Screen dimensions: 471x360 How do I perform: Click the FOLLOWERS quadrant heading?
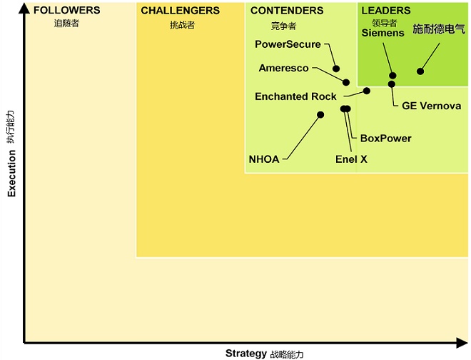point(66,10)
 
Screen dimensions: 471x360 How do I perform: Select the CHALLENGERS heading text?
point(181,11)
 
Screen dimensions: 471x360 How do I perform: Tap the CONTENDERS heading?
point(287,11)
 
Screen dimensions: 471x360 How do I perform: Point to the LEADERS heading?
point(386,11)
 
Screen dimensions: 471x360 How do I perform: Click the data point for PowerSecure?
point(336,69)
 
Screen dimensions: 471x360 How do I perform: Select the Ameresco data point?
point(346,82)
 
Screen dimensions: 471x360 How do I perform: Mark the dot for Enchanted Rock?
point(367,91)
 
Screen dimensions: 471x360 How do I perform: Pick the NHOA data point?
point(320,114)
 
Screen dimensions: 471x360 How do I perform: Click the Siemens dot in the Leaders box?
point(392,76)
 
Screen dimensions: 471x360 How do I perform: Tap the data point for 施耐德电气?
point(420,71)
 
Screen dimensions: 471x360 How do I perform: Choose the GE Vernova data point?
point(391,84)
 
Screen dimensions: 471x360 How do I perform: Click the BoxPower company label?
point(385,139)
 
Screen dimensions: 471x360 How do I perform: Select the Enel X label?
point(351,159)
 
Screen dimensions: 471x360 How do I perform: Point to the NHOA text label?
point(264,159)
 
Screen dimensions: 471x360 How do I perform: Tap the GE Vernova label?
point(431,106)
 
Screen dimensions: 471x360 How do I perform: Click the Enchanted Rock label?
point(295,96)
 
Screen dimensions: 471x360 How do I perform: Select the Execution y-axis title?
point(11,174)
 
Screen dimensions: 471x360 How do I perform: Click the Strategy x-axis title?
point(246,353)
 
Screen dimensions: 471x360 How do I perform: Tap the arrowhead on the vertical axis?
point(24,8)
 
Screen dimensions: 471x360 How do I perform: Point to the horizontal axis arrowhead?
point(462,343)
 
